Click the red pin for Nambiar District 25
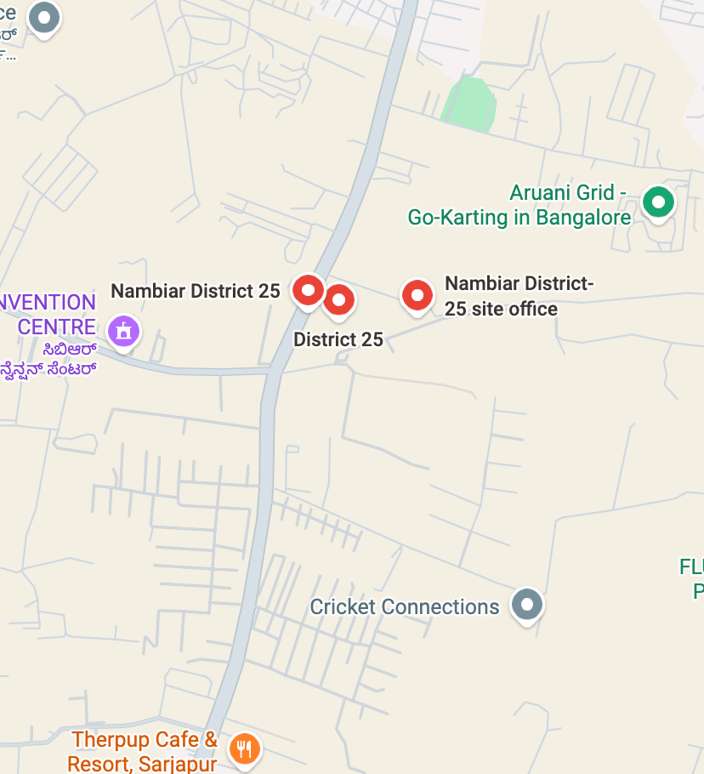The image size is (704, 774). pos(308,291)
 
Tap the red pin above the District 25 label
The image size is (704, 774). pos(339,299)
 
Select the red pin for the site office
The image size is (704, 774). pos(417,295)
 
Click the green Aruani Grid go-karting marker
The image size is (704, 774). pos(657,202)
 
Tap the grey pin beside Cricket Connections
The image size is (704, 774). pos(527,604)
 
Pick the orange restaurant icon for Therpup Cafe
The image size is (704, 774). pos(245,748)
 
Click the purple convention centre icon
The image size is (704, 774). pos(124,329)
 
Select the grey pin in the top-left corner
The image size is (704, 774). pos(43,17)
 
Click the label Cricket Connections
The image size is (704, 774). pos(404,607)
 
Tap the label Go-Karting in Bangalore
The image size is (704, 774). pos(519,218)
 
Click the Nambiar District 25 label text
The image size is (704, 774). pos(195,291)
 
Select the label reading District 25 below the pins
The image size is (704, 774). pos(338,340)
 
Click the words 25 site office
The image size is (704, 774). pos(501,309)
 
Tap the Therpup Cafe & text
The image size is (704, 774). pos(145,740)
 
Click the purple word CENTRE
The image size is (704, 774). pos(56,327)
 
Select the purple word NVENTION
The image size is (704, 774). pos(48,303)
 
